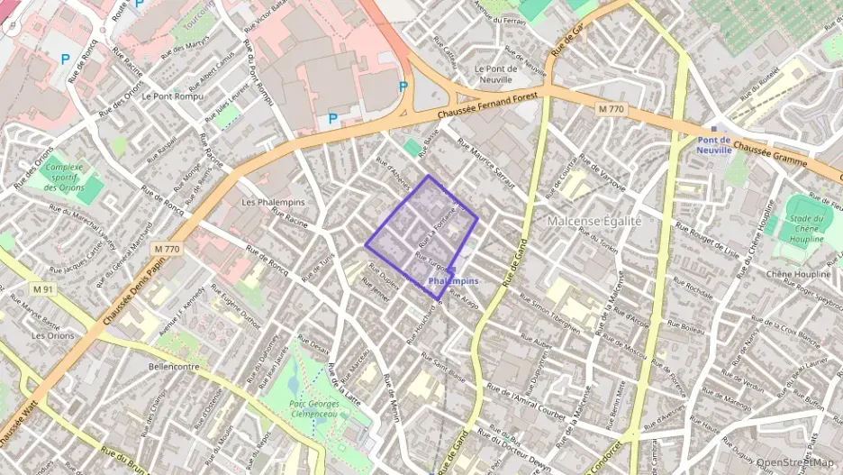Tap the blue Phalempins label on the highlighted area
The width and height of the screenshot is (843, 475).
coord(453,280)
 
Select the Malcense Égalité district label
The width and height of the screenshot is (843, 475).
coord(594,221)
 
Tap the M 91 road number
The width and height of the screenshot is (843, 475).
coord(44,289)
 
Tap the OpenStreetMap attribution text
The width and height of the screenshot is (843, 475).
coord(795,462)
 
